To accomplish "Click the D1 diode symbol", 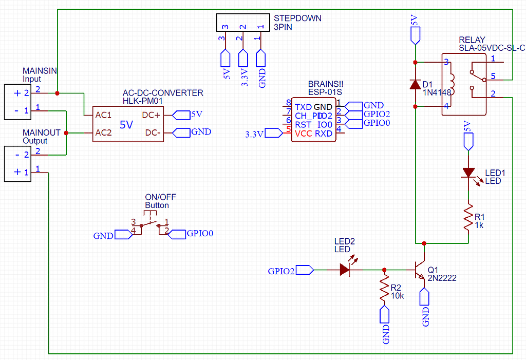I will pyautogui.click(x=415, y=84).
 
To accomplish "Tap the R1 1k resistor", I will pyautogui.click(x=468, y=218).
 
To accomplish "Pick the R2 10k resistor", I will pyautogui.click(x=384, y=289).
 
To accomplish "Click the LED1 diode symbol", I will pyautogui.click(x=468, y=173).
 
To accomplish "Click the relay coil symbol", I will pyautogui.click(x=452, y=84).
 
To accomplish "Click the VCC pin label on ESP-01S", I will pyautogui.click(x=303, y=134).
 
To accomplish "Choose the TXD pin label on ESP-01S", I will pyautogui.click(x=304, y=107).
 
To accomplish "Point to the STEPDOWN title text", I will pyautogui.click(x=297, y=18).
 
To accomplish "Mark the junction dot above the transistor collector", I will pyautogui.click(x=424, y=243).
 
